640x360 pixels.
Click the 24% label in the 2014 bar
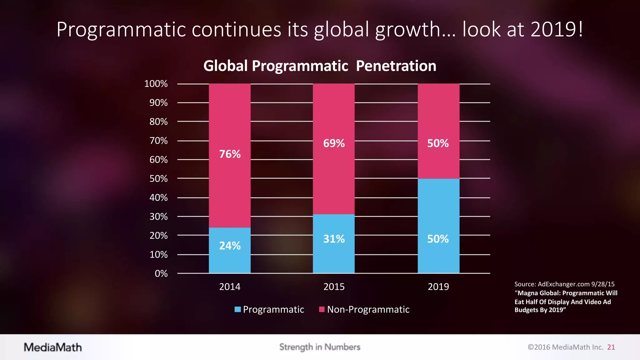pyautogui.click(x=230, y=246)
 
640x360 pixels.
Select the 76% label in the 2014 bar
pyautogui.click(x=230, y=154)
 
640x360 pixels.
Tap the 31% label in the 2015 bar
pyautogui.click(x=334, y=239)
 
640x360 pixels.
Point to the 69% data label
pyautogui.click(x=334, y=143)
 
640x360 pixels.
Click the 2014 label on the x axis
pyautogui.click(x=230, y=287)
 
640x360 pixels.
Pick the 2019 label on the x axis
pyautogui.click(x=438, y=287)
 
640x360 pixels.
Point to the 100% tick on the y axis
pyautogui.click(x=156, y=84)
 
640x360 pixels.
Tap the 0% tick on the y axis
pyautogui.click(x=161, y=274)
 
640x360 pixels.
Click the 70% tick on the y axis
pyautogui.click(x=158, y=141)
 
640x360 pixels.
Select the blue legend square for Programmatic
pyautogui.click(x=238, y=309)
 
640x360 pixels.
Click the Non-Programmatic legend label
pyautogui.click(x=368, y=309)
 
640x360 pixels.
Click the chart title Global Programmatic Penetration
pyautogui.click(x=320, y=66)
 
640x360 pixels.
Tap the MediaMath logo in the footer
pyautogui.click(x=53, y=347)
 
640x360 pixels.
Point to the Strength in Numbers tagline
pyautogui.click(x=320, y=347)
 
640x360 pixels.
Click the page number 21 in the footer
pyautogui.click(x=611, y=347)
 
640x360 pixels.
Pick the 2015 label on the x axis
pyautogui.click(x=334, y=287)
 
